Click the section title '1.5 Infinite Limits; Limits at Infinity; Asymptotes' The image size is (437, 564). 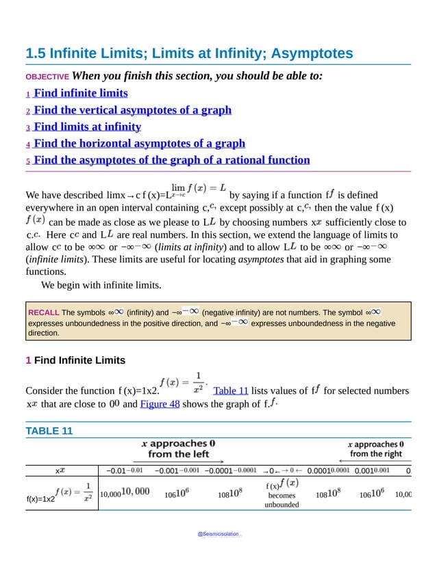pyautogui.click(x=189, y=53)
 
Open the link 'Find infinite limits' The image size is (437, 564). pyautogui.click(x=80, y=93)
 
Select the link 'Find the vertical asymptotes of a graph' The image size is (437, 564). pyautogui.click(x=132, y=109)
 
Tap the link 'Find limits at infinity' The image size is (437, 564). pyautogui.click(x=87, y=126)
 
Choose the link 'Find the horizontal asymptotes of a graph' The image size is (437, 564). pyautogui.click(x=139, y=143)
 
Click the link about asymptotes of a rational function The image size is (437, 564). pyautogui.click(x=171, y=160)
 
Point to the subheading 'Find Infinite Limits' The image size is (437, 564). pyautogui.click(x=79, y=360)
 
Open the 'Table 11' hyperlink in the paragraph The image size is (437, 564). pyautogui.click(x=230, y=390)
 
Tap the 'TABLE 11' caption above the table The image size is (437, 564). pyautogui.click(x=49, y=431)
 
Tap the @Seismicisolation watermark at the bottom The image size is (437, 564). pyautogui.click(x=218, y=533)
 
